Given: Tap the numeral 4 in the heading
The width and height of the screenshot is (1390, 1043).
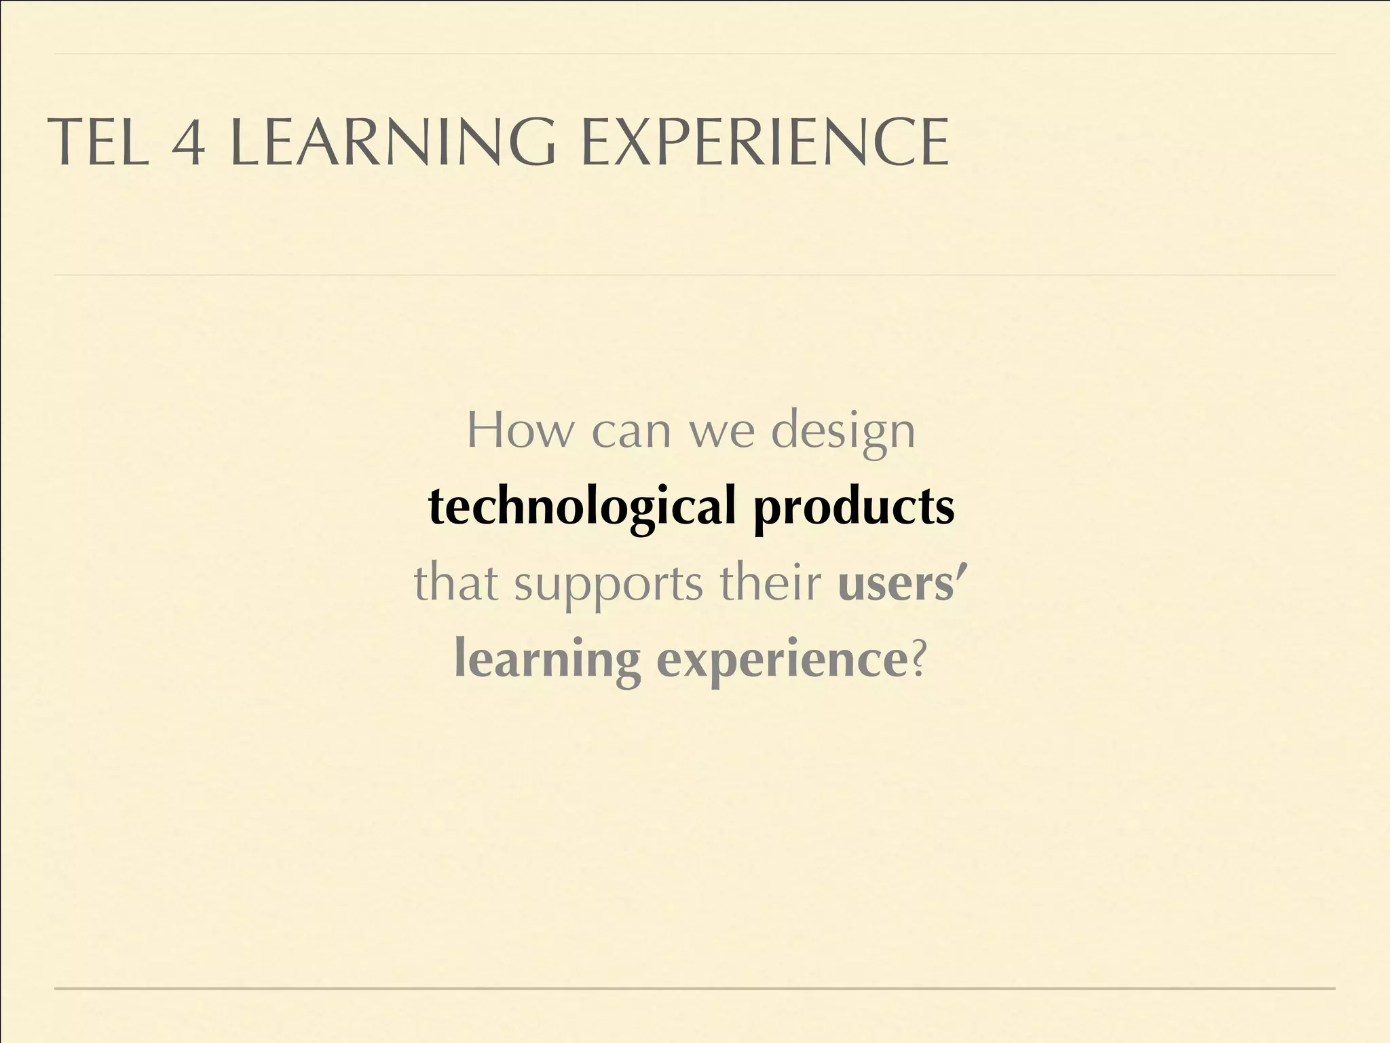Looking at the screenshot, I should [x=188, y=143].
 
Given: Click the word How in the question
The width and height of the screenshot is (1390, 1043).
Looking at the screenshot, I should [x=520, y=431].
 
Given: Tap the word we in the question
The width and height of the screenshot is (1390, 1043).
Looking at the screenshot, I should [x=721, y=432].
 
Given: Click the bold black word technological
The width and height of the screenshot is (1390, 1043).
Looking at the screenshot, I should [x=582, y=508].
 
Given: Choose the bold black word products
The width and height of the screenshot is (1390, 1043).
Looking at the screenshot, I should [x=854, y=508].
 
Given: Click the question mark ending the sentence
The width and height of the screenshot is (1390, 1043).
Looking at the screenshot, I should [x=918, y=659].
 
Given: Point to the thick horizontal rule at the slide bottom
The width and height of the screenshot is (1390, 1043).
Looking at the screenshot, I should [x=695, y=988].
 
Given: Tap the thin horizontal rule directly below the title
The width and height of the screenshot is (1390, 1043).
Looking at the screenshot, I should [x=695, y=275].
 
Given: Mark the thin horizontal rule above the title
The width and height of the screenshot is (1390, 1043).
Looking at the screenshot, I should [x=695, y=54].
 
